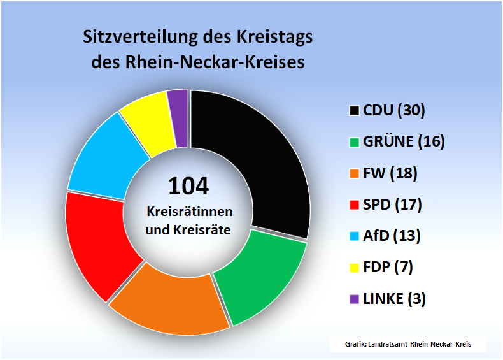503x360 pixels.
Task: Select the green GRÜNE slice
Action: (261, 274)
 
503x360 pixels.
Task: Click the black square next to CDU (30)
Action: (353, 111)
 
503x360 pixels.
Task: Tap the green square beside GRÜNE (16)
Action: (353, 142)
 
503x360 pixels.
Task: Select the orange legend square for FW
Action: (353, 173)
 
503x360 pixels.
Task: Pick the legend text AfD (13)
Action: (392, 236)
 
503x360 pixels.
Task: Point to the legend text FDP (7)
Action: (388, 267)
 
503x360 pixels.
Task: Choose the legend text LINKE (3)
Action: (394, 298)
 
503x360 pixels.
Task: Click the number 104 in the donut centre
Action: (188, 185)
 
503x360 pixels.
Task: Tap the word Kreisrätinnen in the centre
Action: (189, 211)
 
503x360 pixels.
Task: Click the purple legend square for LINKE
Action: (353, 298)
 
